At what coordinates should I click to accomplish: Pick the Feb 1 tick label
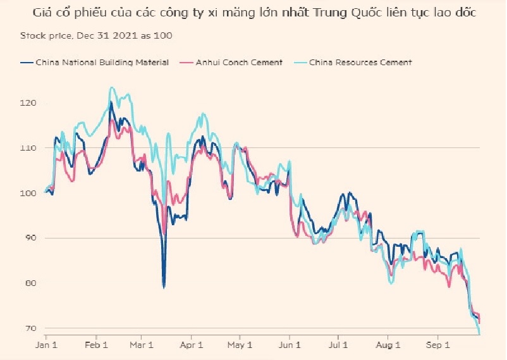[95, 345]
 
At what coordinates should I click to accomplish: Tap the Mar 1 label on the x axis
[142, 345]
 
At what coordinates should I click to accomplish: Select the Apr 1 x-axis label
[192, 345]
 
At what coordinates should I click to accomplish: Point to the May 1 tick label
[240, 345]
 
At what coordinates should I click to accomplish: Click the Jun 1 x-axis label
[290, 345]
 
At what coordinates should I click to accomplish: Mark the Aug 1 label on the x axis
[388, 345]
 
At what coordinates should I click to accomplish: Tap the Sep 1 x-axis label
[437, 345]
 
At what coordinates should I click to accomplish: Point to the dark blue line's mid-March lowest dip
[164, 287]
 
